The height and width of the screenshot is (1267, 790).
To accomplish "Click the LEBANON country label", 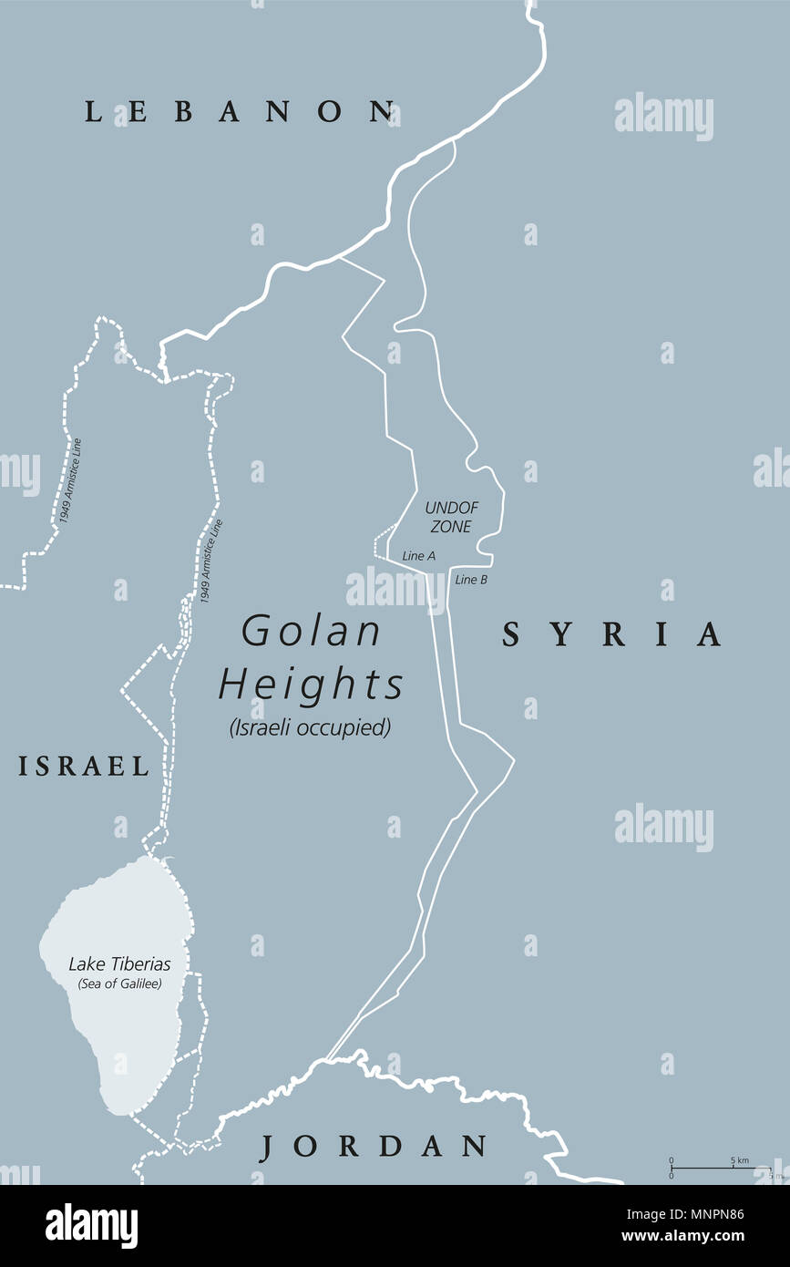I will coord(240,112).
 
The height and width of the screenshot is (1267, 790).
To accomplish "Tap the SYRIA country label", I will coord(612,634).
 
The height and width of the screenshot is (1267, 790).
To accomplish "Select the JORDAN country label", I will coord(374,1147).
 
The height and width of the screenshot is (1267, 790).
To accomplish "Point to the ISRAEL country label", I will coord(83,767).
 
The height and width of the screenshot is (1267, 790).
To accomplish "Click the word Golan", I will coord(312,631).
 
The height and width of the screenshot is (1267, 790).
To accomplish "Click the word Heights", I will coord(311,684).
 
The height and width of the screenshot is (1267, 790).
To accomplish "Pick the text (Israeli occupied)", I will coord(311,727).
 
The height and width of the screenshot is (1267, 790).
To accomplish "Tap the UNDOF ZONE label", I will coord(452,517).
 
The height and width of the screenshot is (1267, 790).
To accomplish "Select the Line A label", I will coord(419,555).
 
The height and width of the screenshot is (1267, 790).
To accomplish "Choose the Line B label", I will coord(471,579).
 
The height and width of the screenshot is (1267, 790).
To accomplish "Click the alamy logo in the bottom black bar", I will coord(91,1226).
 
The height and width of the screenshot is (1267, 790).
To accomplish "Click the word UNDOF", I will coord(452,507).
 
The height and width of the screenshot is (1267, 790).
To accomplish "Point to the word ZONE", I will coord(452,527).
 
